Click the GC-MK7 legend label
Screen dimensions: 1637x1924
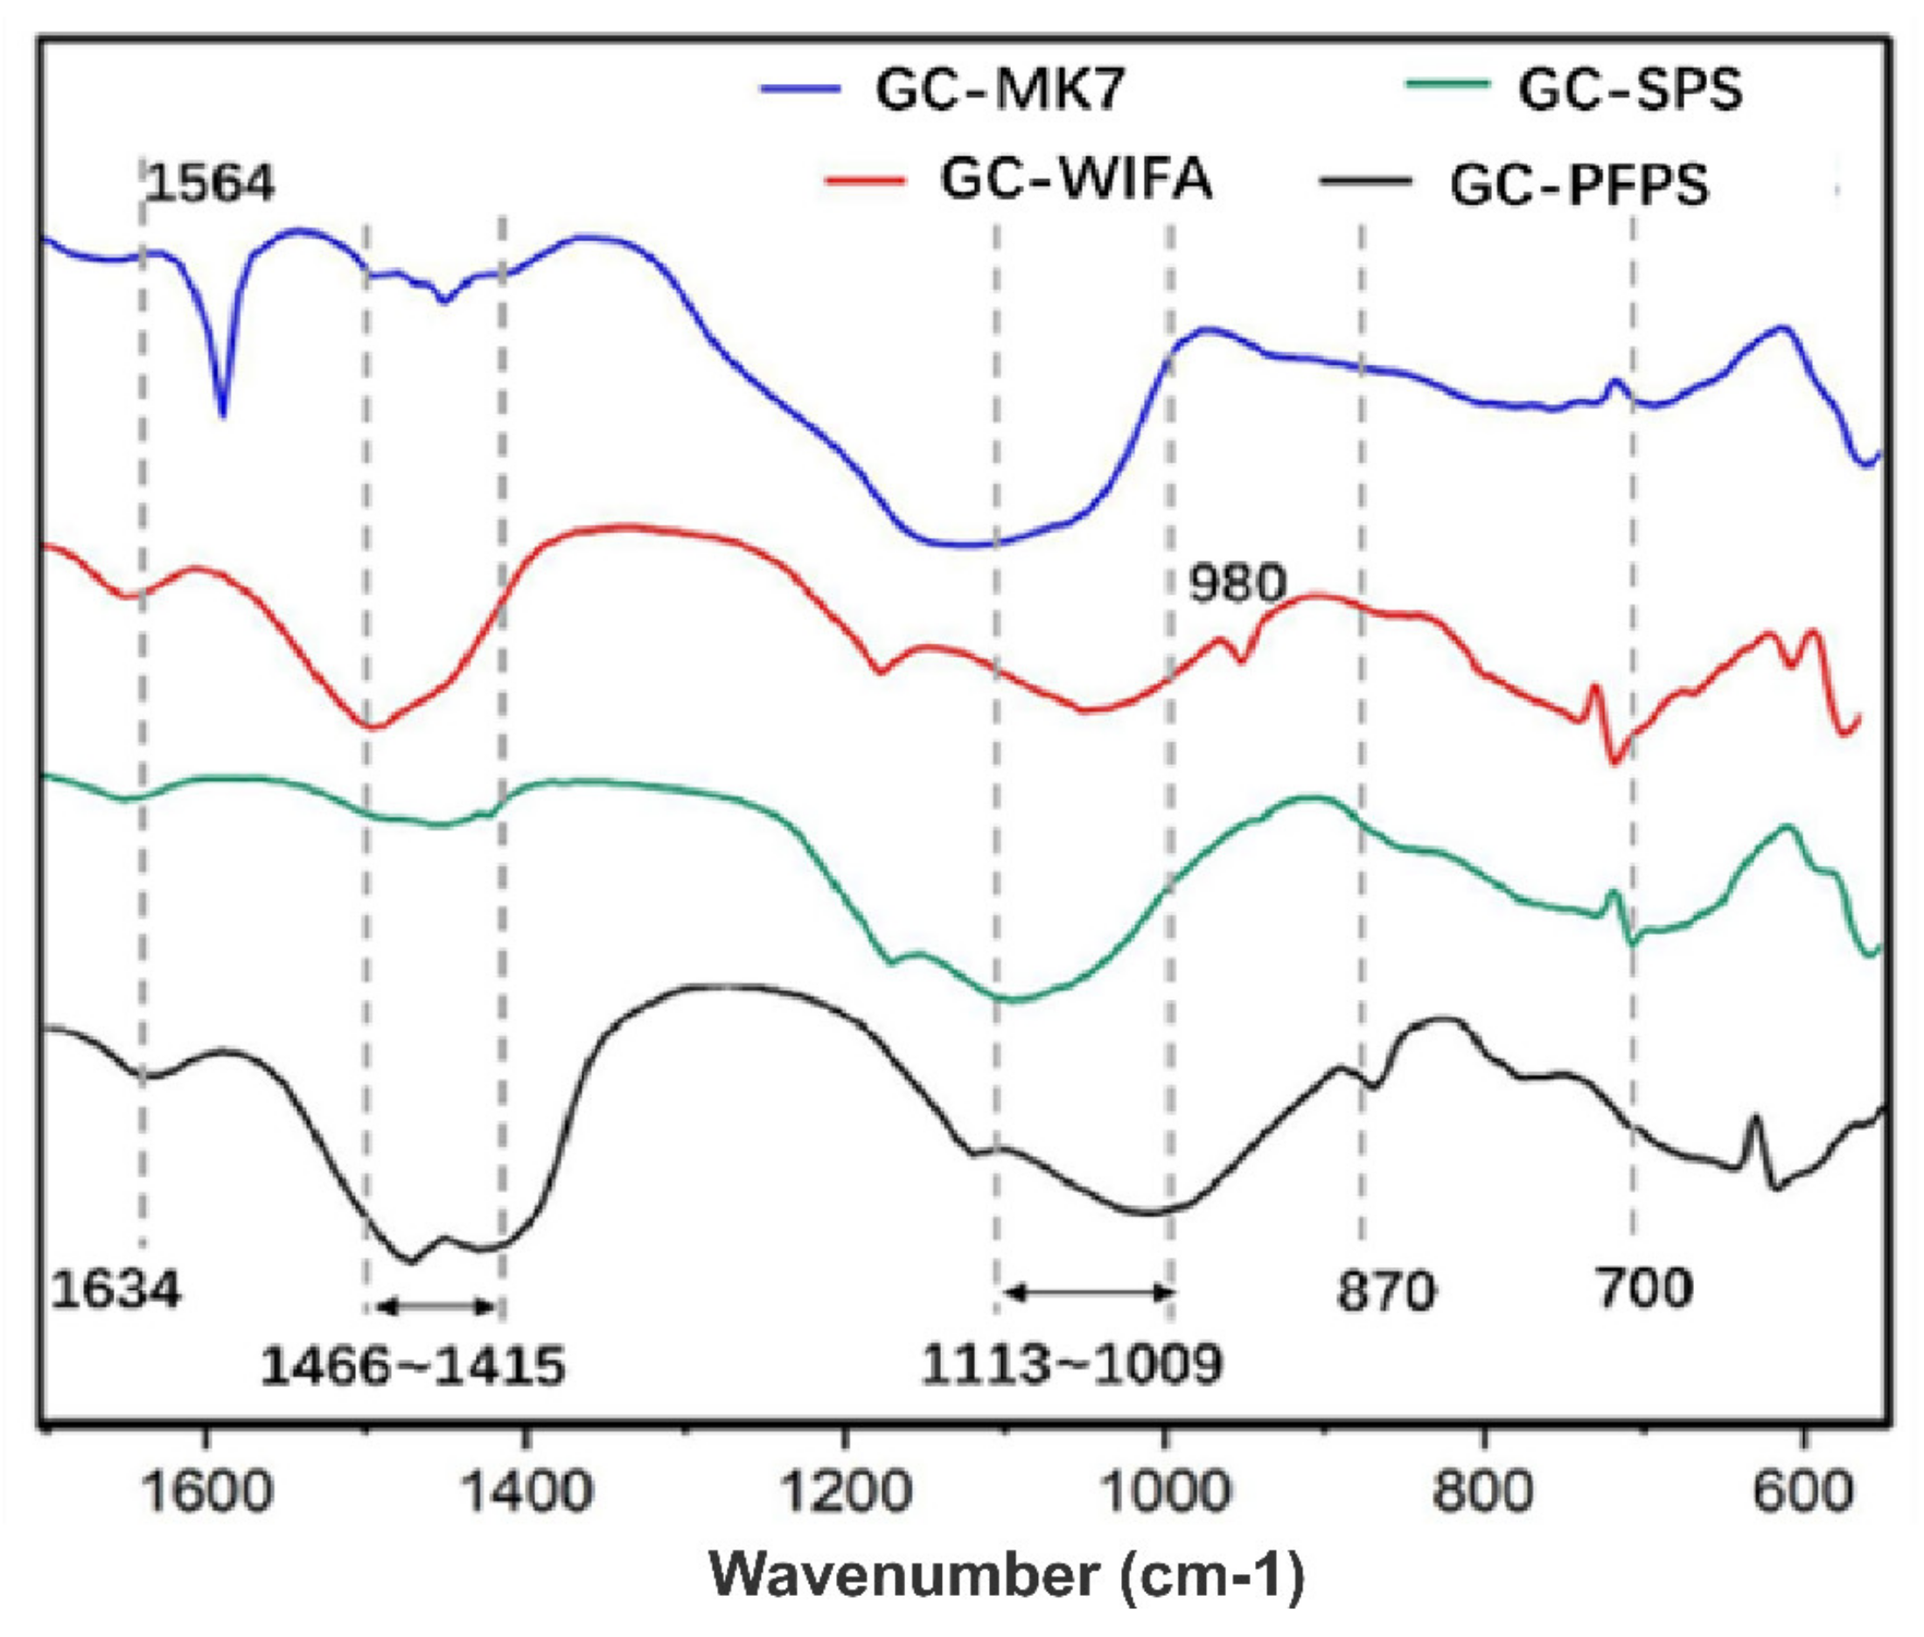(1000, 91)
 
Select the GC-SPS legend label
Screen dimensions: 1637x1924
(1630, 91)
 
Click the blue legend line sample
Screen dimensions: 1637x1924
(799, 90)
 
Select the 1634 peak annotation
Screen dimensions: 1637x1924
(115, 1289)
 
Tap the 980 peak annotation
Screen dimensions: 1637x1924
(1237, 584)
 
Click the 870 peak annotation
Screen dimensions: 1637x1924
(1385, 1291)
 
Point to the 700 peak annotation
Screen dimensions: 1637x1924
(1643, 1288)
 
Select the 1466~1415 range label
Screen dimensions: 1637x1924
(412, 1366)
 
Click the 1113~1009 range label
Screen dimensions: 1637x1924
(1071, 1364)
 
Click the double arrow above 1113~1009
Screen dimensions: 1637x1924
(1090, 1291)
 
